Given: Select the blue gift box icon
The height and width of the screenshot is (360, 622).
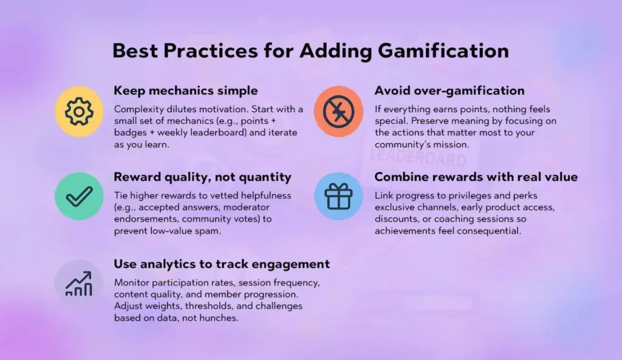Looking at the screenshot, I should pyautogui.click(x=338, y=195).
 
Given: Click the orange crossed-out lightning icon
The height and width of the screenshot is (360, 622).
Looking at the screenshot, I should pyautogui.click(x=338, y=111).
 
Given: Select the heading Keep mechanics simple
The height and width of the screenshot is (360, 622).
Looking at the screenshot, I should pyautogui.click(x=186, y=91).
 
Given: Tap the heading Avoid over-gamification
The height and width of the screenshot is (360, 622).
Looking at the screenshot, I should pyautogui.click(x=449, y=91).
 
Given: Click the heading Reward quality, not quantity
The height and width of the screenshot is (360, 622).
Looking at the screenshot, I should pyautogui.click(x=202, y=177).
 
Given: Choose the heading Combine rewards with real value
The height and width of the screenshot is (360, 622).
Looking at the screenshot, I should pyautogui.click(x=476, y=177).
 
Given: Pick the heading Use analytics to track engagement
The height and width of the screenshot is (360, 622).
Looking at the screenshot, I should pyautogui.click(x=222, y=264).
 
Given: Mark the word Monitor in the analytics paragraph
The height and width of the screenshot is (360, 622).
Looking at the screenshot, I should pyautogui.click(x=132, y=283).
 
